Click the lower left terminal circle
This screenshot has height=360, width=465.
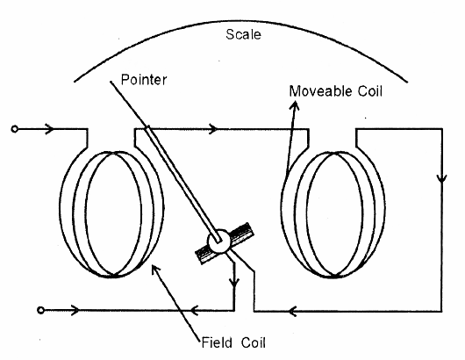[39, 309]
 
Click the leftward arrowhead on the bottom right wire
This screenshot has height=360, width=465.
[295, 309]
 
